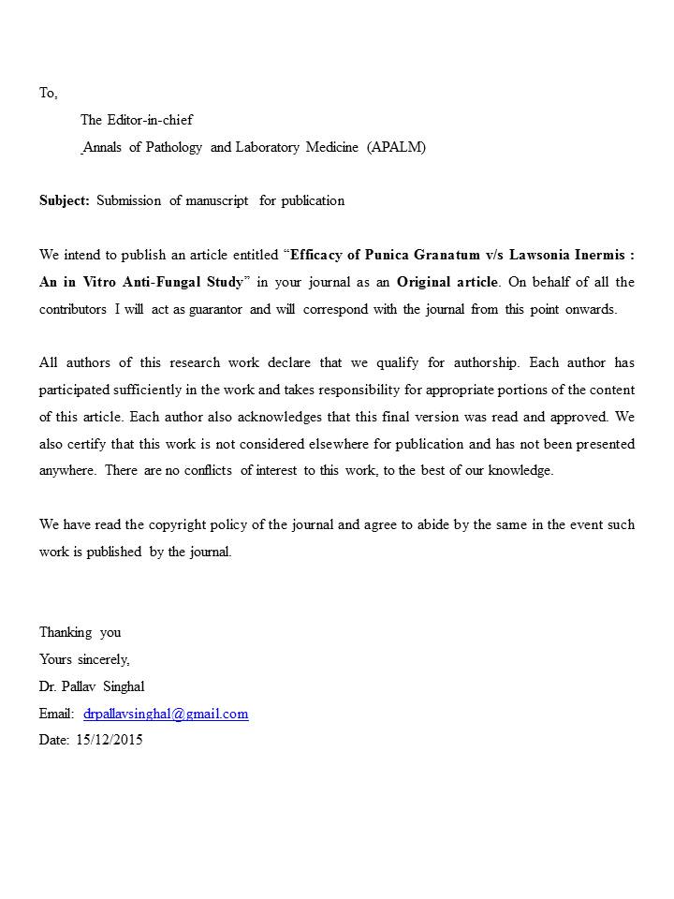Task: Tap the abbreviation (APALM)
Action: pos(396,147)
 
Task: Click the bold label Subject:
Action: pos(65,200)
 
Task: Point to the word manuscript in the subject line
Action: pos(217,200)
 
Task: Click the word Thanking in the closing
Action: pos(66,632)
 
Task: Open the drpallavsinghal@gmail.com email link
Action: pos(166,714)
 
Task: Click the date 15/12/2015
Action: pos(110,740)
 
